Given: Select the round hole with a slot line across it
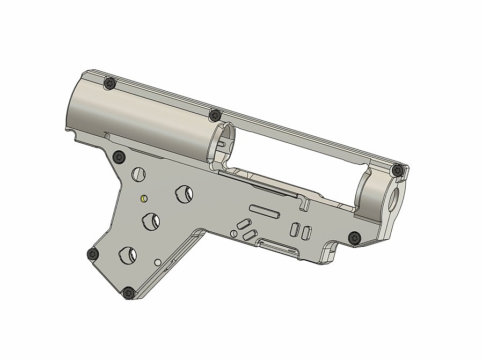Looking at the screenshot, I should tap(138, 173).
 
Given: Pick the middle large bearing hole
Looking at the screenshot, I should tap(151, 221).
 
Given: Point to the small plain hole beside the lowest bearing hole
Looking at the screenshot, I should tap(158, 262).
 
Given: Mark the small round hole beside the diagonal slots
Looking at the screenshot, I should tap(233, 233).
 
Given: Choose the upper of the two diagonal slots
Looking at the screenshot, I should tap(244, 223).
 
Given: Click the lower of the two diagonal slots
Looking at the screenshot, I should tap(249, 234).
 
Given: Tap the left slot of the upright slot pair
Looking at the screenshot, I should tap(295, 229).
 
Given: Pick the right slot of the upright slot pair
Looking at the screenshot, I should tap(307, 232).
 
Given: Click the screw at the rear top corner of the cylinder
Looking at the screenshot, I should tap(111, 83).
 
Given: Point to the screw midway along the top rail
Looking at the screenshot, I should tap(215, 115).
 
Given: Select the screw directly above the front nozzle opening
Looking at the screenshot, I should tap(397, 171).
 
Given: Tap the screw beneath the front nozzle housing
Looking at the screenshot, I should tap(354, 237).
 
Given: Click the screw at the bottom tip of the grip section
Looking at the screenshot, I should tap(128, 293).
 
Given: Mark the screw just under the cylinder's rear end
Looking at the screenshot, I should tap(119, 157).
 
